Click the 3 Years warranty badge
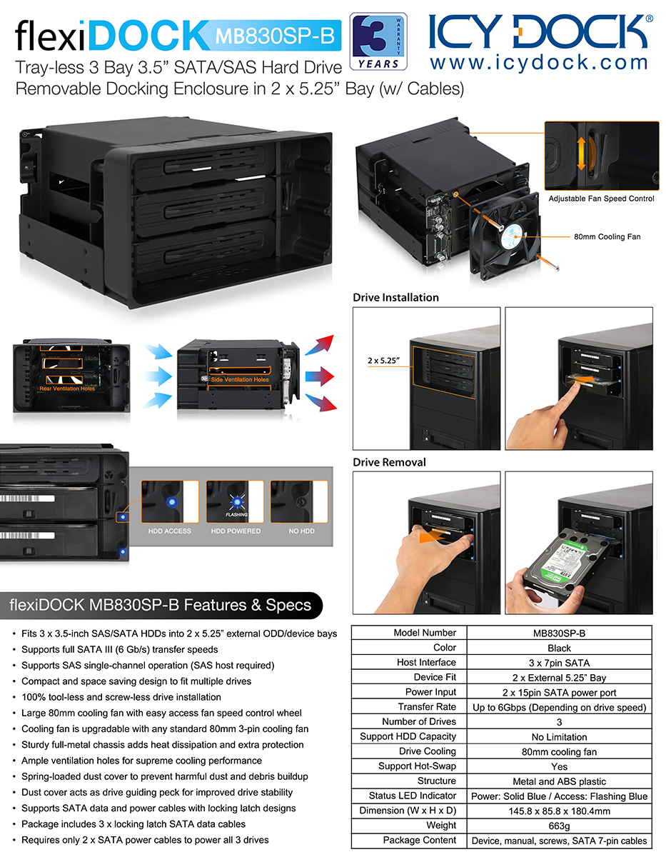pyautogui.click(x=378, y=41)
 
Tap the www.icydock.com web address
pyautogui.click(x=539, y=63)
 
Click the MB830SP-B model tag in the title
pyautogui.click(x=275, y=36)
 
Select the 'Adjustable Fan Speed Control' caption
pyautogui.click(x=601, y=199)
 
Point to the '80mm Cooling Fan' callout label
pyautogui.click(x=607, y=236)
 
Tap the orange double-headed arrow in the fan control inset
pyautogui.click(x=581, y=154)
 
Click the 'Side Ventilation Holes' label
pyautogui.click(x=240, y=379)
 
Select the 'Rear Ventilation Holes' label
pyautogui.click(x=67, y=389)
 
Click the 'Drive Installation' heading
pyautogui.click(x=395, y=297)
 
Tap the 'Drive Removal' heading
pyautogui.click(x=389, y=462)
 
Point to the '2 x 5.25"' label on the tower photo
pyautogui.click(x=383, y=361)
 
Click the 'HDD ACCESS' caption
pyautogui.click(x=169, y=531)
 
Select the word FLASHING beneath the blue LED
pyautogui.click(x=236, y=514)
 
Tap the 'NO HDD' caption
pyautogui.click(x=301, y=531)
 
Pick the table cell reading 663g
pyautogui.click(x=559, y=826)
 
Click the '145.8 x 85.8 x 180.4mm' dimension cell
pyautogui.click(x=559, y=811)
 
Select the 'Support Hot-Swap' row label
pyautogui.click(x=417, y=766)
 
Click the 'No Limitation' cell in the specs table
pyautogui.click(x=559, y=737)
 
